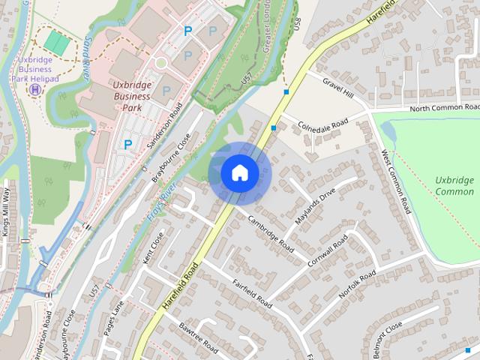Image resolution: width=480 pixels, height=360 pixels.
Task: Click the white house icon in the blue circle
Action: click(240, 173)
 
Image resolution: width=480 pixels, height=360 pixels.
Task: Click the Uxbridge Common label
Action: click(454, 186)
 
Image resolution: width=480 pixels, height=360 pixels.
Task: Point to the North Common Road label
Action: click(445, 108)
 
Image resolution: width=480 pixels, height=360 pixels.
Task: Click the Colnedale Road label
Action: click(324, 125)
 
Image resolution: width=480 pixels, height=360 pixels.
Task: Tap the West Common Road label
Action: click(394, 179)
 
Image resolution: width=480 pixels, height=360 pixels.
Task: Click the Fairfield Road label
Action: click(252, 294)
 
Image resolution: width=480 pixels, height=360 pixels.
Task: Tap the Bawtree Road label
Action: click(199, 338)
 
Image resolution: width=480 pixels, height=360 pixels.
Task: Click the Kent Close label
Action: click(153, 248)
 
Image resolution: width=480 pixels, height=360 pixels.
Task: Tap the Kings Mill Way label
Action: click(6, 212)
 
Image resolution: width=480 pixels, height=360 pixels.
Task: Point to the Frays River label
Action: click(160, 202)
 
